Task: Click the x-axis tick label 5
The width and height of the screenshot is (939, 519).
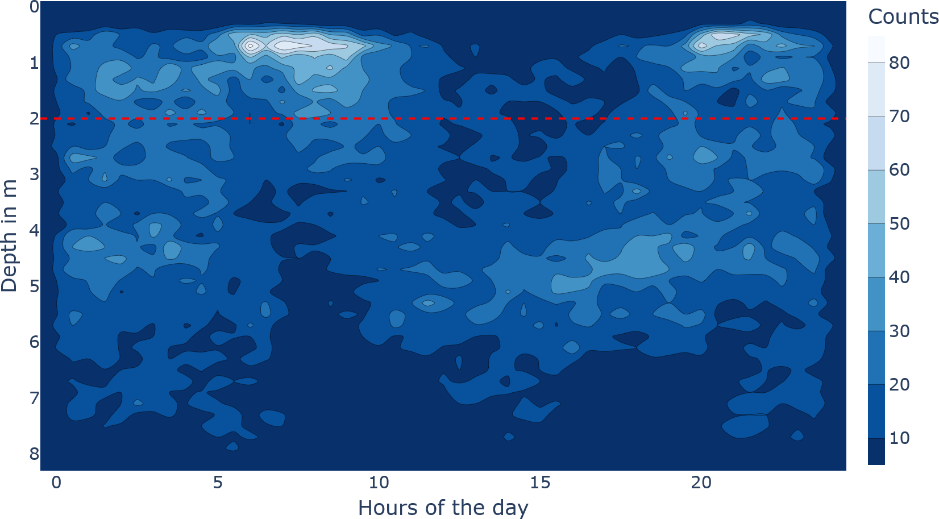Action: pyautogui.click(x=218, y=483)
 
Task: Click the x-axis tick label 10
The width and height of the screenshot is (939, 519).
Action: pyautogui.click(x=379, y=483)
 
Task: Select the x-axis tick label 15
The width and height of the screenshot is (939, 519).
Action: pyautogui.click(x=540, y=483)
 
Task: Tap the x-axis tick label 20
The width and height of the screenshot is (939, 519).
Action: pyautogui.click(x=701, y=483)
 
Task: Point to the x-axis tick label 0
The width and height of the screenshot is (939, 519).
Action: pyautogui.click(x=56, y=483)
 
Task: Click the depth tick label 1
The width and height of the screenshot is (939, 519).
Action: pyautogui.click(x=34, y=63)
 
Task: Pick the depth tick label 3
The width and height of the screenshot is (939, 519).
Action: pyautogui.click(x=34, y=174)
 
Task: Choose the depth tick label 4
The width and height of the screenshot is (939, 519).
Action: pyautogui.click(x=34, y=230)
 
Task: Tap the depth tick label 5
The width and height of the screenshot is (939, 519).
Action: pyautogui.click(x=34, y=286)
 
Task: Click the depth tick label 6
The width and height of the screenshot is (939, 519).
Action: pyautogui.click(x=34, y=342)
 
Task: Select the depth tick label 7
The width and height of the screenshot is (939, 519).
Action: pyautogui.click(x=34, y=398)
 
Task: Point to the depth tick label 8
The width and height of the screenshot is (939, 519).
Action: pyautogui.click(x=34, y=454)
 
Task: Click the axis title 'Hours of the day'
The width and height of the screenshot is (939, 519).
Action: pyautogui.click(x=443, y=507)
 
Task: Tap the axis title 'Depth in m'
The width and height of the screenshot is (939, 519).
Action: pyautogui.click(x=10, y=235)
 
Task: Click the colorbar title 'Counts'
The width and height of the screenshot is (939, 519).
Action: pyautogui.click(x=903, y=17)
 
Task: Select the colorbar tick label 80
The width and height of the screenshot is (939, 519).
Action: pyautogui.click(x=899, y=63)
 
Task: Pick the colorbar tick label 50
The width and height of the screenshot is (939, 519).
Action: pyautogui.click(x=899, y=224)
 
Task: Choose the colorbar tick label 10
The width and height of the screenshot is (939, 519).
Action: pyautogui.click(x=899, y=438)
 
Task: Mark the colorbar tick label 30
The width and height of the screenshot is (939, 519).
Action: pyautogui.click(x=899, y=331)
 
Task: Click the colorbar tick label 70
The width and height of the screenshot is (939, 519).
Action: pyautogui.click(x=899, y=117)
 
